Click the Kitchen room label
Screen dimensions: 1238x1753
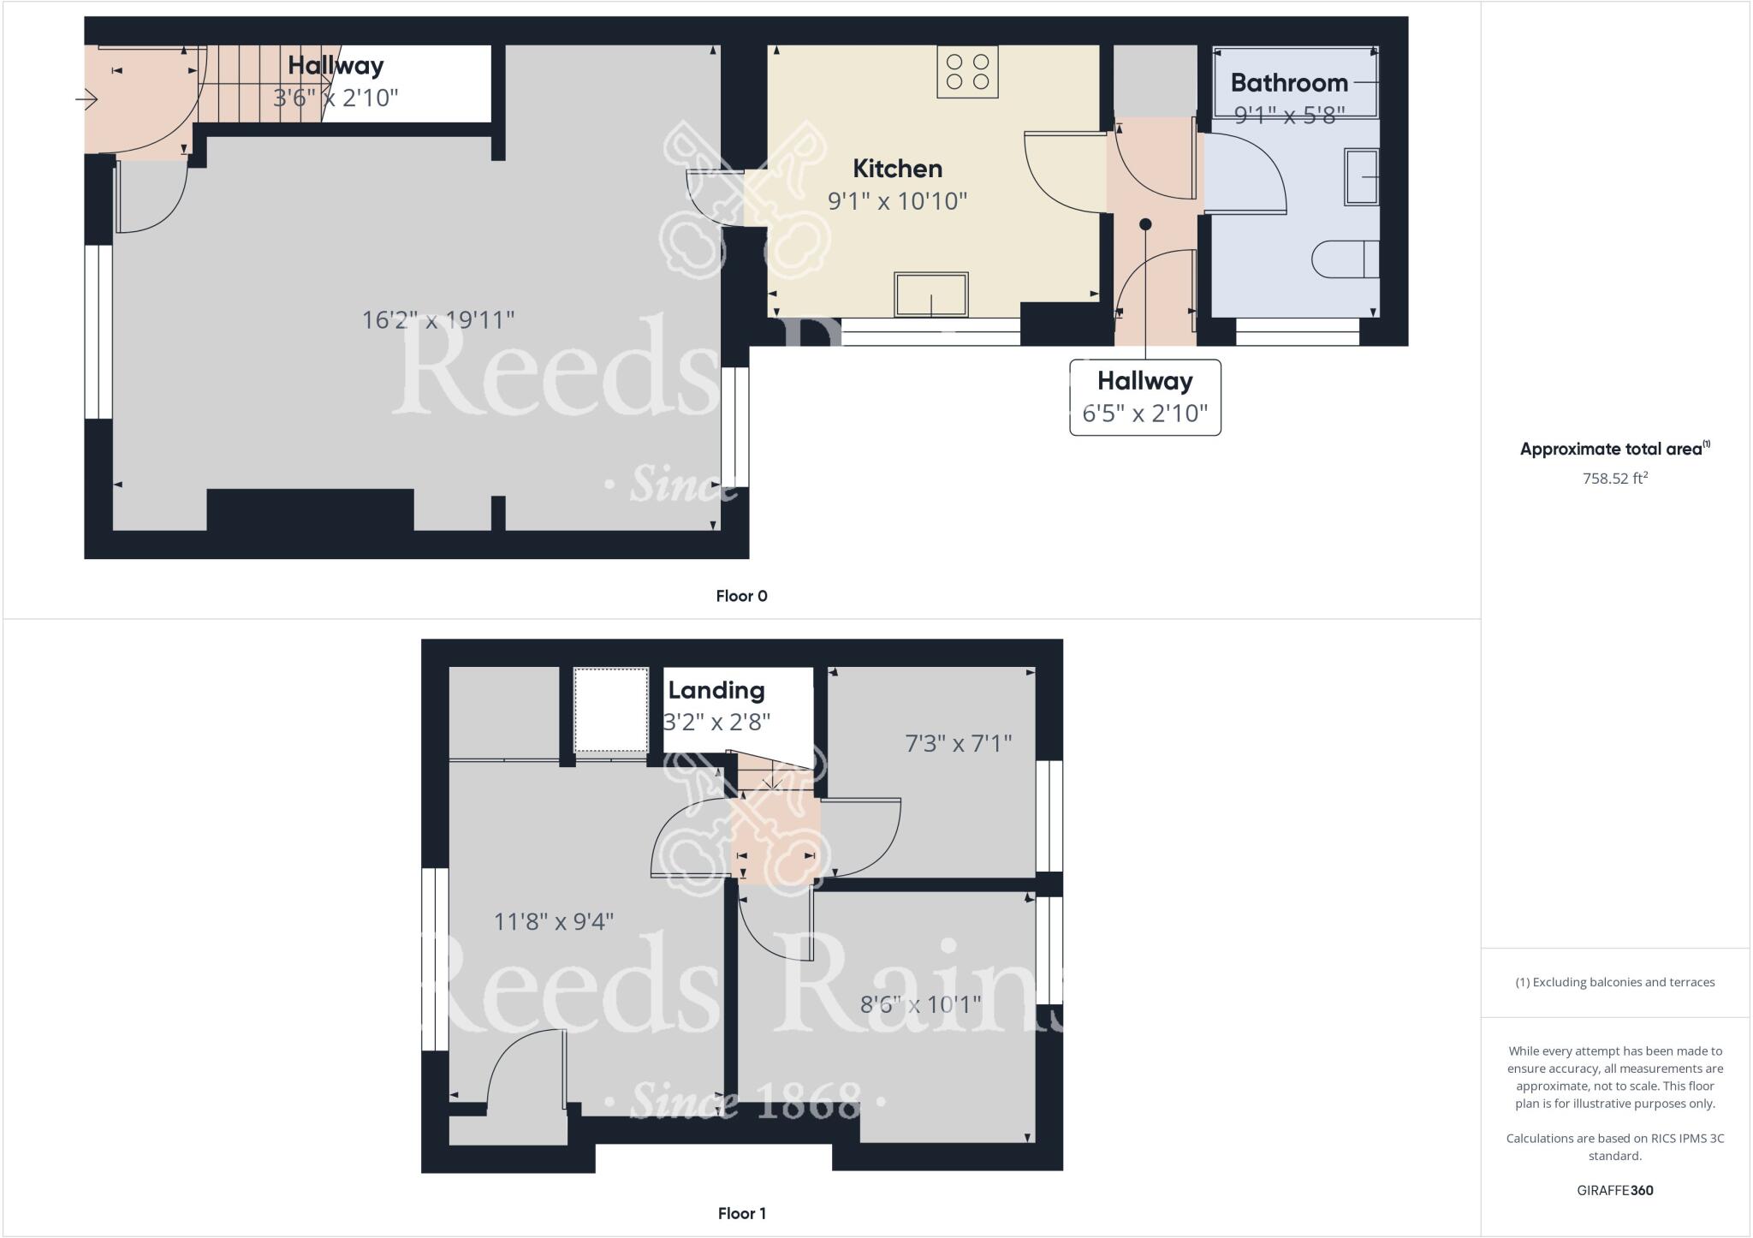(897, 169)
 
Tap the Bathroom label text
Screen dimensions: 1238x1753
(1289, 83)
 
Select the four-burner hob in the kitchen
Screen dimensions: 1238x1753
(968, 72)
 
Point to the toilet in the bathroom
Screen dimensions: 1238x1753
(1345, 259)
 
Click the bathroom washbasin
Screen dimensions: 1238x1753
(1361, 177)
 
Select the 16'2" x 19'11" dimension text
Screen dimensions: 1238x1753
(438, 320)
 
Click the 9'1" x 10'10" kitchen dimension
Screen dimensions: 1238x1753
(897, 201)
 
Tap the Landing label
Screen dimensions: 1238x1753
(716, 691)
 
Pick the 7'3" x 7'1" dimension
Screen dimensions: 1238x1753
(959, 743)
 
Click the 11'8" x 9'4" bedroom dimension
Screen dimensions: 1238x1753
(554, 922)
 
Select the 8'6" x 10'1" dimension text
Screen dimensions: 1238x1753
(920, 1004)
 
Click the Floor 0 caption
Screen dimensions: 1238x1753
(741, 596)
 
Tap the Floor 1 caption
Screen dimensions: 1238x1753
(741, 1213)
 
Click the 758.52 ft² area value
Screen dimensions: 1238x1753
(1614, 479)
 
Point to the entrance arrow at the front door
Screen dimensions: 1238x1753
(86, 100)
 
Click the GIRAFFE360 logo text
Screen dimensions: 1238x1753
(1614, 1190)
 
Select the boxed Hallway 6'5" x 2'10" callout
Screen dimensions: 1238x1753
(1144, 397)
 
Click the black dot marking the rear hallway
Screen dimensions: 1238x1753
(1145, 224)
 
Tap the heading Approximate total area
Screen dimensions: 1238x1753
(1614, 449)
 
